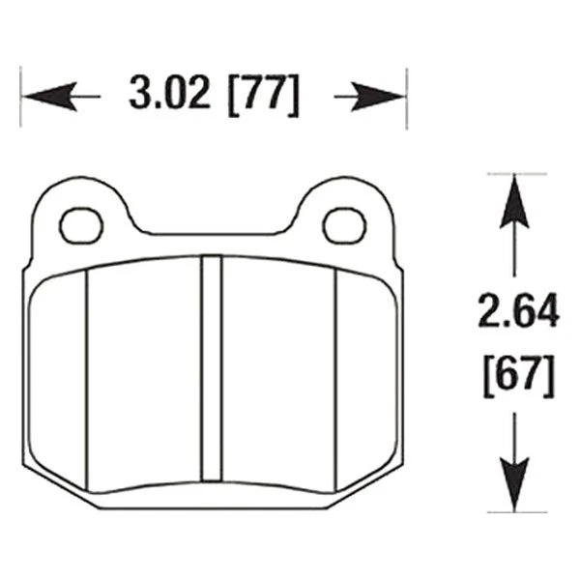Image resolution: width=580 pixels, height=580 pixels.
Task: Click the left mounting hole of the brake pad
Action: pyautogui.click(x=81, y=225)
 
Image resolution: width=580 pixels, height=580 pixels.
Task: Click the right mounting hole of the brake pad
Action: pyautogui.click(x=343, y=225)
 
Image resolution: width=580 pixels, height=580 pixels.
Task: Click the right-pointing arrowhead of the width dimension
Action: pyautogui.click(x=382, y=96)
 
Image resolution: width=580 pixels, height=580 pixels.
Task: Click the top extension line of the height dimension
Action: pyautogui.click(x=512, y=174)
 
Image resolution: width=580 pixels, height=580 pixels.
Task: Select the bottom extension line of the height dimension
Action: pyautogui.click(x=512, y=511)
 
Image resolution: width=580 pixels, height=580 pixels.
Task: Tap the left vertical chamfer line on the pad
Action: pyautogui.click(x=88, y=377)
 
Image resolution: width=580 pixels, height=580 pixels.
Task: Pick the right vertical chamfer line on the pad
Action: pyautogui.click(x=335, y=377)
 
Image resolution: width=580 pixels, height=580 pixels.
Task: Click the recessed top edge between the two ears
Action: pyautogui.click(x=213, y=233)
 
